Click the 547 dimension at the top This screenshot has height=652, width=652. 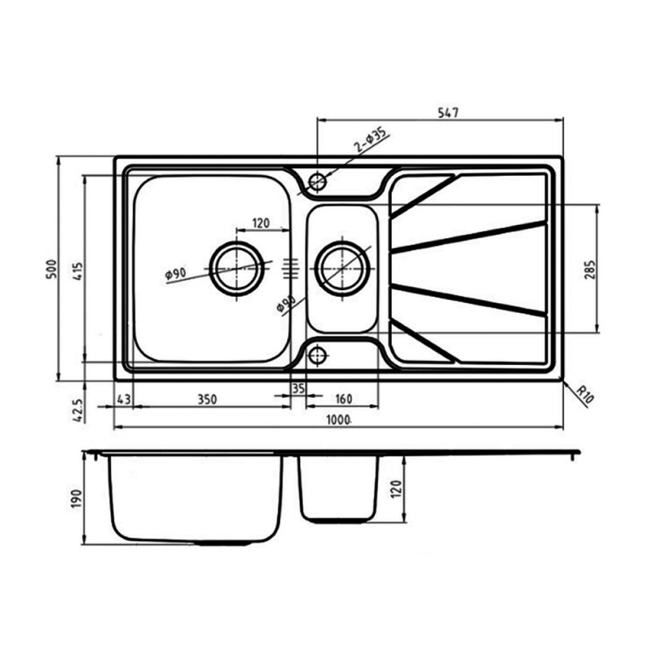click(x=447, y=114)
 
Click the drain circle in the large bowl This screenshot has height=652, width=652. click(x=237, y=267)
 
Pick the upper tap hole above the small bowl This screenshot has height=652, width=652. click(x=317, y=179)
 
